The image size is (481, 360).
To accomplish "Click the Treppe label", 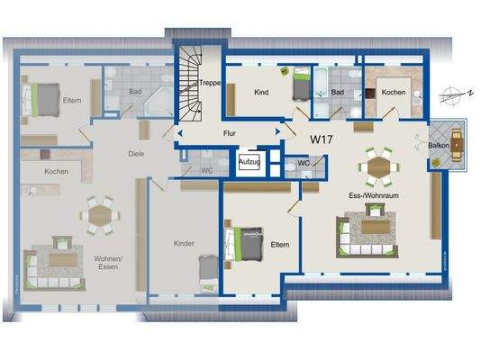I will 211,82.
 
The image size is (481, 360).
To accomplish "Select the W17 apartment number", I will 322,139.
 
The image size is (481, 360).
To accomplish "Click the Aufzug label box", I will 249,162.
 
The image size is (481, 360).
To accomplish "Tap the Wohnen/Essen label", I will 107,263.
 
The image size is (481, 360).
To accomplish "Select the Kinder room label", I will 185,243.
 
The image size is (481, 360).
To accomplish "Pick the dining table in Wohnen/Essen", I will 97,214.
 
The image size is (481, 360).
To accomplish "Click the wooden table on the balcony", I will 455,142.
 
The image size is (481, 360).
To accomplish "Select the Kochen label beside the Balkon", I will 393,93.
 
